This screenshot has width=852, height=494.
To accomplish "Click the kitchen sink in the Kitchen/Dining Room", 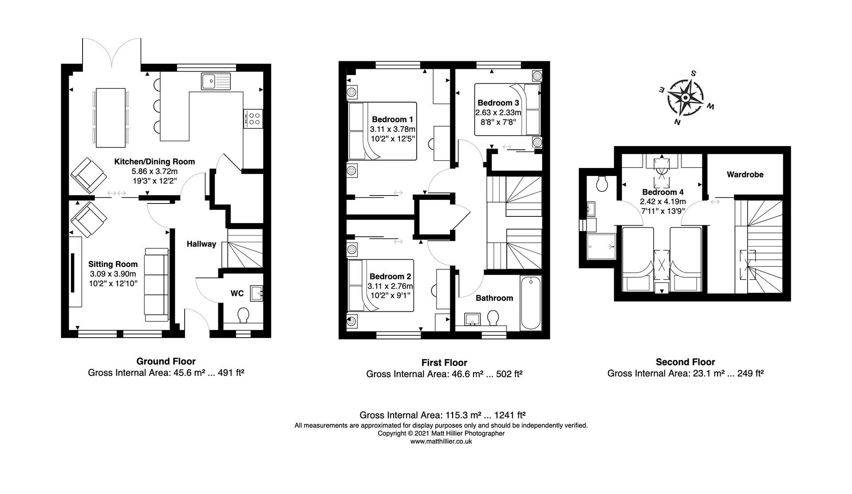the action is click(x=216, y=81).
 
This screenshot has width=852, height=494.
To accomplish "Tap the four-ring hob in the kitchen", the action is click(x=253, y=119).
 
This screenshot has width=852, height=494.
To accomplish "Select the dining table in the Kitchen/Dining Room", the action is click(x=110, y=117).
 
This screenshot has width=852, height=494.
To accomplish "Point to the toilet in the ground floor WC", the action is click(x=243, y=315).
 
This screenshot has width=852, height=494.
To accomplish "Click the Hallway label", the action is click(x=201, y=244).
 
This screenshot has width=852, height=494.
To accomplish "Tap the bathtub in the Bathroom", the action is click(x=531, y=303).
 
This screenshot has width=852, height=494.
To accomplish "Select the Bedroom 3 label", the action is click(x=498, y=103).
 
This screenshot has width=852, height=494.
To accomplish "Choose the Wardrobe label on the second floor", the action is click(x=745, y=175).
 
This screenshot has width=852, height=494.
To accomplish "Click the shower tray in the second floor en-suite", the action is click(x=601, y=246).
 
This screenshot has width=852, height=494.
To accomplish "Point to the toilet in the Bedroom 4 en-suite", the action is click(x=602, y=183).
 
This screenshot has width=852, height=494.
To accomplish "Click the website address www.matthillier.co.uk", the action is click(x=441, y=442).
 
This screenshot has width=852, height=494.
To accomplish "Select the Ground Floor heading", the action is click(x=166, y=361).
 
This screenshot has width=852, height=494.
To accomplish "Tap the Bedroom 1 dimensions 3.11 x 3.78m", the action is click(x=393, y=129).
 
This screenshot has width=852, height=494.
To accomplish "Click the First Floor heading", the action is click(x=444, y=363).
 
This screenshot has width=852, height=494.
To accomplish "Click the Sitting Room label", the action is click(x=113, y=264).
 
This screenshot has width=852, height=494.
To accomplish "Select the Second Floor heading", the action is click(x=686, y=362).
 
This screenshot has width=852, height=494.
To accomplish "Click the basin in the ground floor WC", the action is click(x=257, y=294).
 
